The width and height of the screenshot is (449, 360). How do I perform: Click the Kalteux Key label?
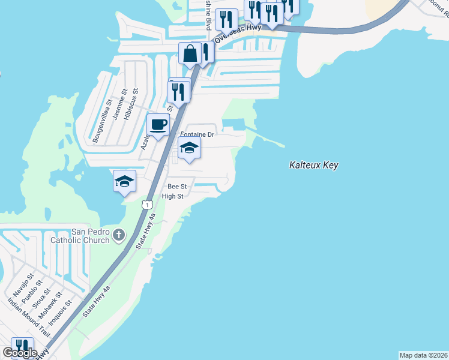[x=313, y=165]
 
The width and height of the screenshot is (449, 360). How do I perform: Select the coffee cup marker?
[x=158, y=125]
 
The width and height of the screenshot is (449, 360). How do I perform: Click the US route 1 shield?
[x=146, y=205]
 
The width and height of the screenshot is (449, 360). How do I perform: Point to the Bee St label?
[x=178, y=187]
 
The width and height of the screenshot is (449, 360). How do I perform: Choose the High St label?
[x=172, y=196]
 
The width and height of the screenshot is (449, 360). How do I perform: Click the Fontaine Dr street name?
[x=197, y=135]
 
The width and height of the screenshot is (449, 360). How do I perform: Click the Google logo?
[x=19, y=353]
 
